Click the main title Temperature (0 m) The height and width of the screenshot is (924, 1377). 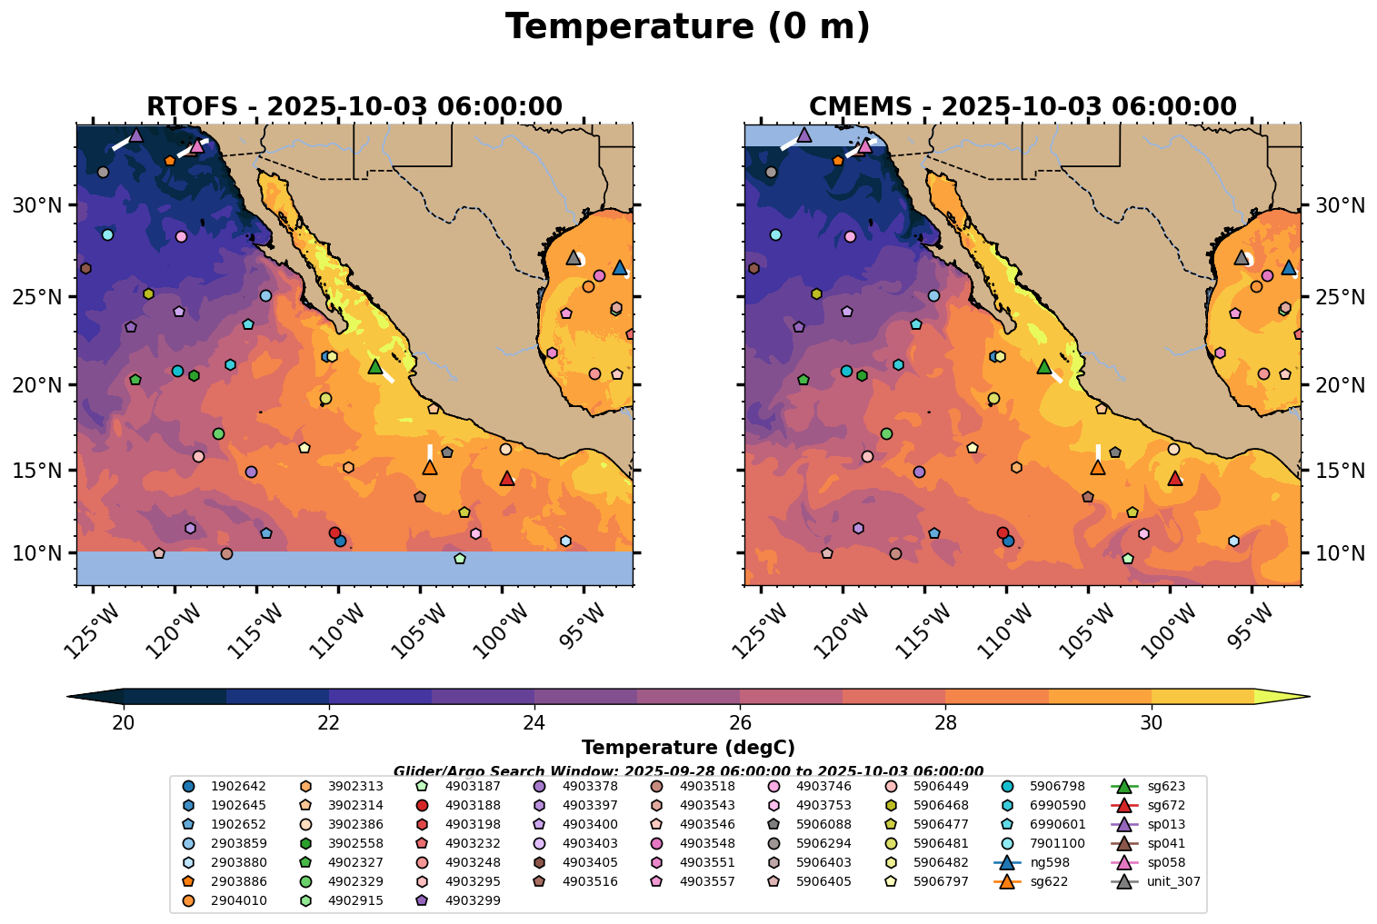pyautogui.click(x=687, y=27)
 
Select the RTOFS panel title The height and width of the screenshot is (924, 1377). pyautogui.click(x=354, y=107)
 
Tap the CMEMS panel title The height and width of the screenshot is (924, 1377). pyautogui.click(x=1023, y=107)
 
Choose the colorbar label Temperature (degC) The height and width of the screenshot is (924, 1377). pyautogui.click(x=688, y=748)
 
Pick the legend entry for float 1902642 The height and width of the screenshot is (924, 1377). pyautogui.click(x=227, y=786)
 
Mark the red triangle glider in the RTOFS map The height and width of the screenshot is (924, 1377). pyautogui.click(x=507, y=479)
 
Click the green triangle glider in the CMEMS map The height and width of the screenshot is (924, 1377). pyautogui.click(x=1043, y=366)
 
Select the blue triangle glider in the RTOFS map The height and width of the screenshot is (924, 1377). pyautogui.click(x=620, y=267)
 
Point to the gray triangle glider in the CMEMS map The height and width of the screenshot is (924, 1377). pyautogui.click(x=1242, y=257)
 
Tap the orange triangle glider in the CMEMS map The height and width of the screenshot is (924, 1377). pyautogui.click(x=1098, y=467)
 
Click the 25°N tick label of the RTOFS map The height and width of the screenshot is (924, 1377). pyautogui.click(x=35, y=297)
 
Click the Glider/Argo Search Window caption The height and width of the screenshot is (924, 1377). pyautogui.click(x=688, y=770)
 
